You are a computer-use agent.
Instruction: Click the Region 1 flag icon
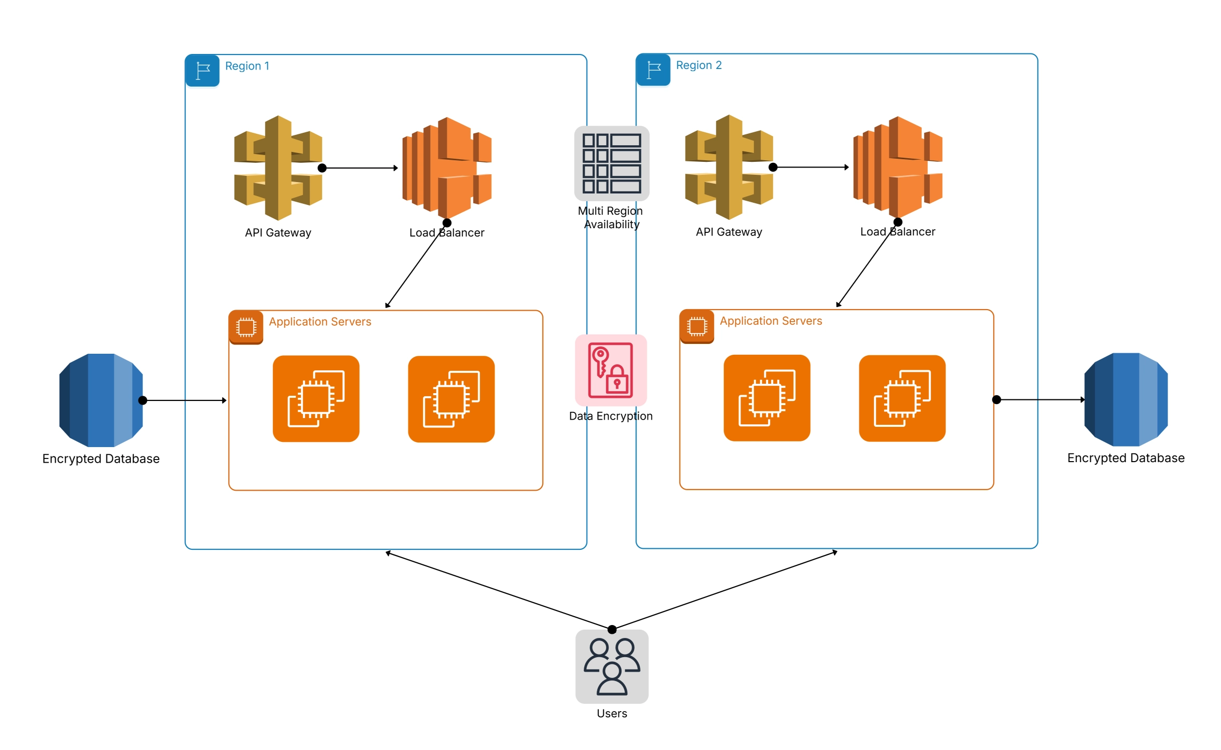pyautogui.click(x=202, y=70)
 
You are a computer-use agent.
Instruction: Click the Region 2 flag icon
pyautogui.click(x=653, y=70)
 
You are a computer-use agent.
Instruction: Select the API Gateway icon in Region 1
pyautogui.click(x=278, y=168)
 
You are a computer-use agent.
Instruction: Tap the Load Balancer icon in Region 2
pyautogui.click(x=898, y=167)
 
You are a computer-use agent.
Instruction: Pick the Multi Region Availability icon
pyautogui.click(x=611, y=163)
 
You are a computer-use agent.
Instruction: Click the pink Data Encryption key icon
pyautogui.click(x=611, y=370)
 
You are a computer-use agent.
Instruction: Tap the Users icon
pyautogui.click(x=612, y=666)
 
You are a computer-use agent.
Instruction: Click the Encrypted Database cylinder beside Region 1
pyautogui.click(x=101, y=400)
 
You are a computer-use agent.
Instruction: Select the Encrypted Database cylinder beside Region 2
pyautogui.click(x=1126, y=399)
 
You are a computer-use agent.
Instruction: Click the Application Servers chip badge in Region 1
pyautogui.click(x=246, y=327)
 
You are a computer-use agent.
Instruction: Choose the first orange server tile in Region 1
pyautogui.click(x=316, y=398)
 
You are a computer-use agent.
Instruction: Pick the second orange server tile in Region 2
pyautogui.click(x=902, y=398)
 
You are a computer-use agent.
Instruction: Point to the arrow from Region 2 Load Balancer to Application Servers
pyautogui.click(x=867, y=265)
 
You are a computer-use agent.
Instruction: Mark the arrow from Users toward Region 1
pyautogui.click(x=498, y=591)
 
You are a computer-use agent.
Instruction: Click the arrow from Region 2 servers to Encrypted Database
pyautogui.click(x=1040, y=399)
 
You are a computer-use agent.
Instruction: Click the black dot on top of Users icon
pyautogui.click(x=612, y=629)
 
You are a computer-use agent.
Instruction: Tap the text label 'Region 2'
pyautogui.click(x=698, y=65)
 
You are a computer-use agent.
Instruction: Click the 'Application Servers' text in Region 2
pyautogui.click(x=771, y=321)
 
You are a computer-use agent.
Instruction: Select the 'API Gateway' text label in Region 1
pyautogui.click(x=278, y=233)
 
